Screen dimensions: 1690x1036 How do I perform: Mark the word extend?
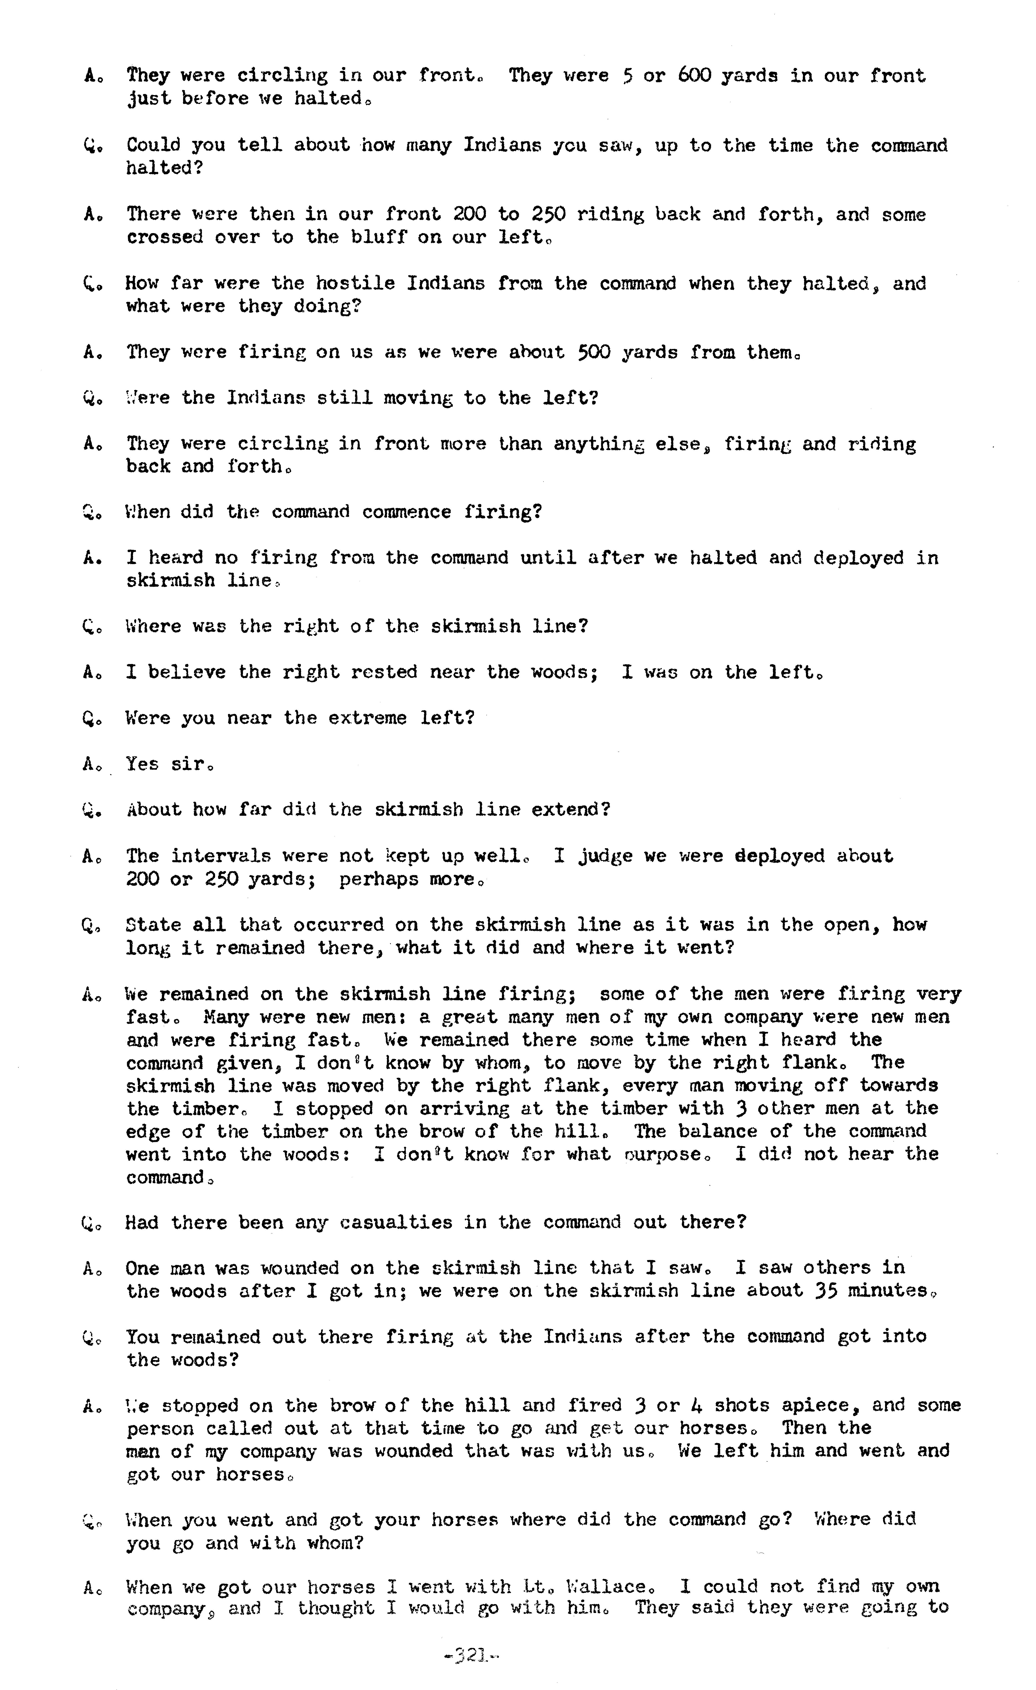point(570,810)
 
